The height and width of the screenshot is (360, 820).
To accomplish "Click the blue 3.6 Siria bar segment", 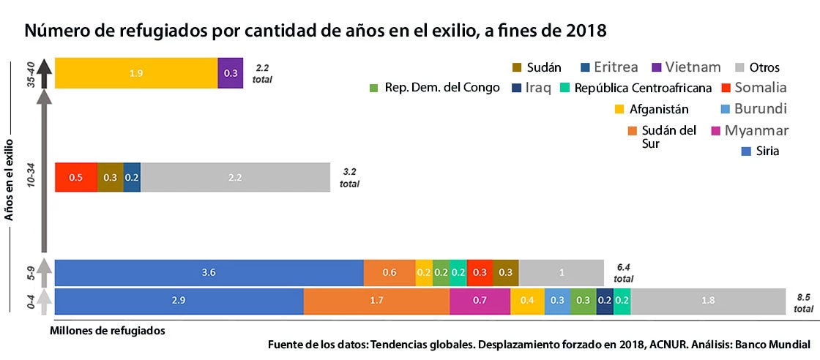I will [x=209, y=272].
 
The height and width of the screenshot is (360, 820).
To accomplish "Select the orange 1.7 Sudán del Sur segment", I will [x=376, y=301].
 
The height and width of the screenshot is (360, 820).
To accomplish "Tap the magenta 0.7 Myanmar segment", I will [x=480, y=301].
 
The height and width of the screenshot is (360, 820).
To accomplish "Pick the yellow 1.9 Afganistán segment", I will [x=136, y=73].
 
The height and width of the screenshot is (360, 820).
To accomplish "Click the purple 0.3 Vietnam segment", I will [x=231, y=73].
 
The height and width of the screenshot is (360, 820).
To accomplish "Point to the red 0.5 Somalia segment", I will [x=76, y=177].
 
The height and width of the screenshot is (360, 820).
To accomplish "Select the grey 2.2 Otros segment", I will [x=235, y=177].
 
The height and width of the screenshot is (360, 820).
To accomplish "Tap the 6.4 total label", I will [x=623, y=273].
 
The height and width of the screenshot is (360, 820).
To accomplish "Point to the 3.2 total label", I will [x=350, y=178].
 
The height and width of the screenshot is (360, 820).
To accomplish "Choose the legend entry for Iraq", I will [x=537, y=89].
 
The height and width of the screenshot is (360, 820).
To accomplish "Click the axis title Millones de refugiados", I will [x=108, y=330].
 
